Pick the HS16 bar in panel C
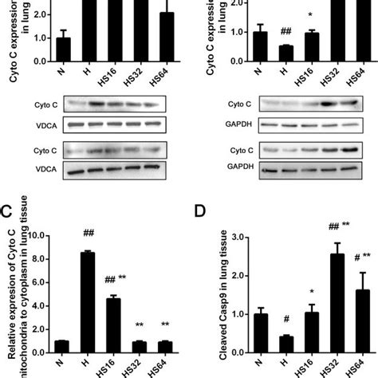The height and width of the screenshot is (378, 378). tap(114, 326)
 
